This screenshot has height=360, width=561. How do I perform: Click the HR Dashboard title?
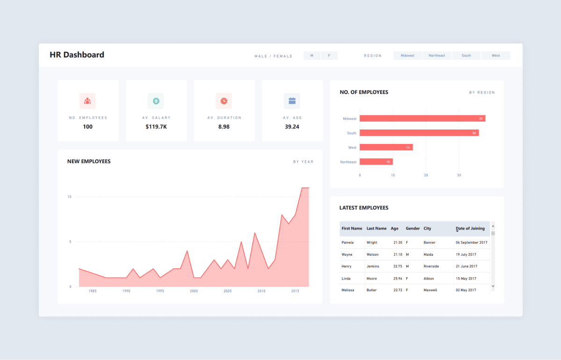(77, 55)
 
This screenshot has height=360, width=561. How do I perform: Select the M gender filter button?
(312, 56)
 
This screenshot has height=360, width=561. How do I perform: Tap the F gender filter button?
(329, 56)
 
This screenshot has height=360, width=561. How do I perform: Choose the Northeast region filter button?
(437, 56)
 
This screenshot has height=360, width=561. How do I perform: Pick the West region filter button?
(496, 56)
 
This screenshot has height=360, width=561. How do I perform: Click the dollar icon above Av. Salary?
(156, 101)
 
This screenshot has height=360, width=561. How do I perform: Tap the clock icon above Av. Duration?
(224, 101)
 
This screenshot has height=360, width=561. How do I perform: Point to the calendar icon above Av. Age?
(292, 101)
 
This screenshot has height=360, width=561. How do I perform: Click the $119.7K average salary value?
(156, 127)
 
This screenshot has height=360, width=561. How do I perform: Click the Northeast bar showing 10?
(376, 162)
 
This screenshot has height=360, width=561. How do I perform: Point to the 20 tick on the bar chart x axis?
(426, 175)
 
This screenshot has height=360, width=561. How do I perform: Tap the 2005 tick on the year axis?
(227, 291)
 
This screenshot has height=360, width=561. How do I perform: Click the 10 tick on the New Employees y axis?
(69, 197)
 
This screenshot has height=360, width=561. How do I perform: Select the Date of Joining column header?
(470, 229)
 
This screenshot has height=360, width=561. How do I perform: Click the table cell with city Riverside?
(431, 266)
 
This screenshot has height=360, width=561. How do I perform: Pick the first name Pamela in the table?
(347, 243)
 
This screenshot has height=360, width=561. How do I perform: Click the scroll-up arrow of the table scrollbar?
(493, 226)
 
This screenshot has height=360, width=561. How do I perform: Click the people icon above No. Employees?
(87, 101)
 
